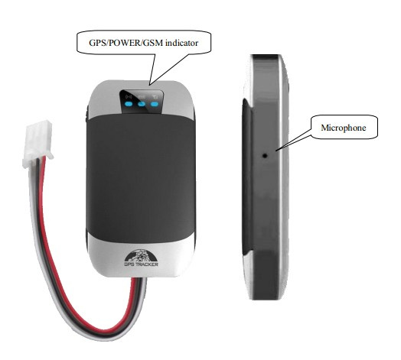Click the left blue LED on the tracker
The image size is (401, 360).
click(x=129, y=104)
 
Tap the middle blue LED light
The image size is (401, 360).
click(x=142, y=104)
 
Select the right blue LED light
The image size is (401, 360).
click(x=155, y=104)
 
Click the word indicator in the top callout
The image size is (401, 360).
click(x=182, y=43)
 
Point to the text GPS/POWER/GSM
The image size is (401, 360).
click(x=126, y=43)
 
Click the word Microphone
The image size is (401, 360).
click(x=344, y=128)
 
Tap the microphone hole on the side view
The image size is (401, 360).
click(x=266, y=155)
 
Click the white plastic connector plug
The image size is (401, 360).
click(x=37, y=144)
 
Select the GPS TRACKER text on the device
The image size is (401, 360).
click(x=141, y=264)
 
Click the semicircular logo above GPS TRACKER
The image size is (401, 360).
click(x=141, y=255)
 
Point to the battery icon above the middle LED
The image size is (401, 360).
click(x=142, y=97)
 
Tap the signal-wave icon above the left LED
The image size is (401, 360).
click(x=129, y=97)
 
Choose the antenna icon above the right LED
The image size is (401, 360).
click(x=155, y=97)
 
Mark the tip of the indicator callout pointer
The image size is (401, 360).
click(x=149, y=85)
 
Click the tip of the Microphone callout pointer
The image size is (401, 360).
click(x=276, y=151)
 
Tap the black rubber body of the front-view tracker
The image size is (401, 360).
click(x=141, y=179)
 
